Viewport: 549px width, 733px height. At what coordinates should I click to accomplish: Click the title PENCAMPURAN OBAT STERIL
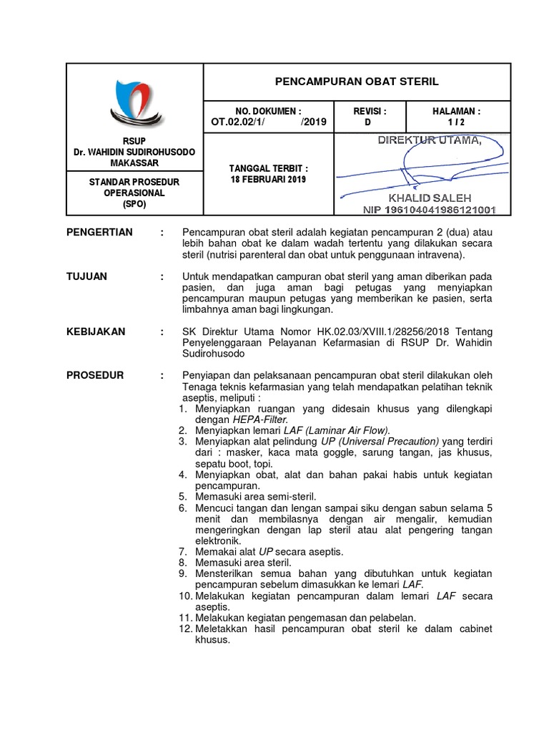point(357,82)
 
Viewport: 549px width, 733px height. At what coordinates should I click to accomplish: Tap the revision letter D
point(369,122)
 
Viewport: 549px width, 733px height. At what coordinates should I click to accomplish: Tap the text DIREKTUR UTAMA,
point(430,139)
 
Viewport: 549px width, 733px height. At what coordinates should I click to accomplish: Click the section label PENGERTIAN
point(99,233)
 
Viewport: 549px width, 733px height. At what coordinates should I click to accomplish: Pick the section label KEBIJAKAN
point(96,331)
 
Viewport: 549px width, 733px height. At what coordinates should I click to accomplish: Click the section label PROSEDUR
point(95,375)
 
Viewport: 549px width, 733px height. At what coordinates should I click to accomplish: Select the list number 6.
point(183,508)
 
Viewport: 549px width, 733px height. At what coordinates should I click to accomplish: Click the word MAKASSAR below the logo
point(135,163)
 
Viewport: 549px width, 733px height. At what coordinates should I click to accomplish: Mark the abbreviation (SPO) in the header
point(135,204)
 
